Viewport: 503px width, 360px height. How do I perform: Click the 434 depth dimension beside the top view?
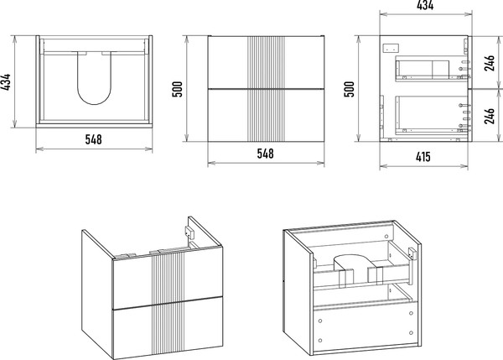coord(8,82)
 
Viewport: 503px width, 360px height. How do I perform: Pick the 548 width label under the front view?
coord(265,154)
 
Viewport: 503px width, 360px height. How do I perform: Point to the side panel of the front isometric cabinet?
coord(95,285)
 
